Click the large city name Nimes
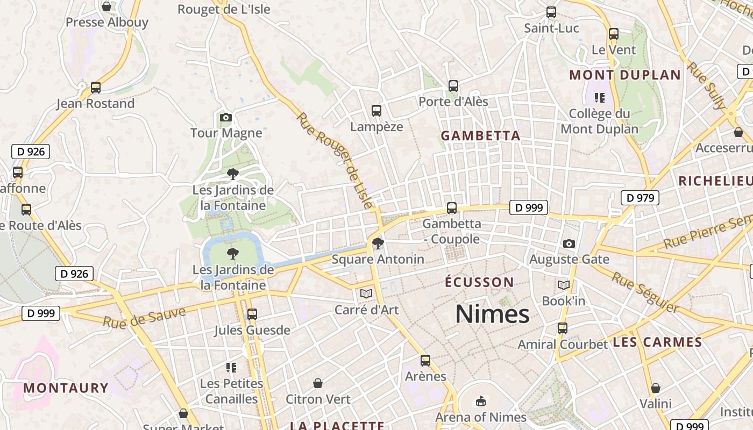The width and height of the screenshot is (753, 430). click(492, 314)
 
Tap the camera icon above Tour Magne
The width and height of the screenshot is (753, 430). click(226, 117)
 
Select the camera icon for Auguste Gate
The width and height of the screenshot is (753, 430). click(569, 243)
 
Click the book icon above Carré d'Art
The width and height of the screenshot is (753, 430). click(366, 293)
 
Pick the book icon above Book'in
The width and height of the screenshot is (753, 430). click(564, 285)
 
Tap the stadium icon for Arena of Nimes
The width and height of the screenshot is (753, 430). click(481, 401)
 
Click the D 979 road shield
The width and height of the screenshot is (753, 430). click(640, 198)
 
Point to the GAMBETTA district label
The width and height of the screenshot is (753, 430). click(481, 136)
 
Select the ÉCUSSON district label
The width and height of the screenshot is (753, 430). click(480, 282)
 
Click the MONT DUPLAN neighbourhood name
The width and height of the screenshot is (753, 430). click(625, 75)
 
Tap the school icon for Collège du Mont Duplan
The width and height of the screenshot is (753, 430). click(600, 98)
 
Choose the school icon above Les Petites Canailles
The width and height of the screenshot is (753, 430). click(231, 368)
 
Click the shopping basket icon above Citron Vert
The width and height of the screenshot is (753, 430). click(318, 383)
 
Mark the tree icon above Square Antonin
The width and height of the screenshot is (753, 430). click(378, 243)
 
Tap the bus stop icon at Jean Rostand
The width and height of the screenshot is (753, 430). click(96, 87)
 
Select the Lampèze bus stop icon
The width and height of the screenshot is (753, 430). click(376, 111)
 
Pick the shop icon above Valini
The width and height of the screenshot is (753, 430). click(656, 388)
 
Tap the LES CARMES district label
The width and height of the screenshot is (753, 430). click(657, 342)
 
